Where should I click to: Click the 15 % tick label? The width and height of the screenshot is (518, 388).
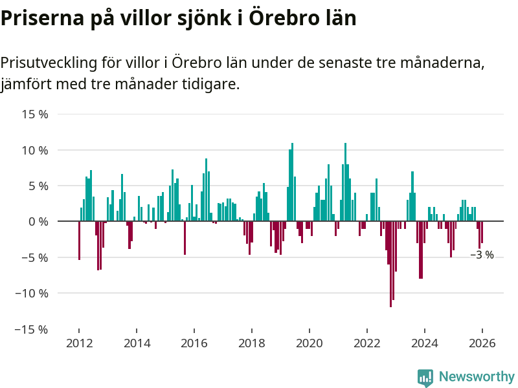tap(36, 114)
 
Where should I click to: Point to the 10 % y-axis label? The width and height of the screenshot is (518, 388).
tap(36, 150)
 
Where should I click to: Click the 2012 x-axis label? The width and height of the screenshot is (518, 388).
tap(78, 343)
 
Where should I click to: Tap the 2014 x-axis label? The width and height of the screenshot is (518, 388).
tap(136, 343)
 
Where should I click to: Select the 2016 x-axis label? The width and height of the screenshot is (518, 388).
tap(194, 343)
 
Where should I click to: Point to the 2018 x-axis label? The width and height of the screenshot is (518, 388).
tap(251, 343)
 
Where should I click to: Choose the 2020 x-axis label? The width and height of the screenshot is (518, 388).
tap(309, 343)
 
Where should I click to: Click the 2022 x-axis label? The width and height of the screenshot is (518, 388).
tap(366, 343)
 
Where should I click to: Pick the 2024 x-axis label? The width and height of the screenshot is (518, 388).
tap(424, 343)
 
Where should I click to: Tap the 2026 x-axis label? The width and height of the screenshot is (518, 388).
tap(482, 343)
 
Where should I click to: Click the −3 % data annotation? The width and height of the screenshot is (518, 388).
tap(482, 255)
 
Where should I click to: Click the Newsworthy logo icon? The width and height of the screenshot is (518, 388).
tap(425, 378)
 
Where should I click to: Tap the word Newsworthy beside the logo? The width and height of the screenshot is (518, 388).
tap(477, 376)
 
